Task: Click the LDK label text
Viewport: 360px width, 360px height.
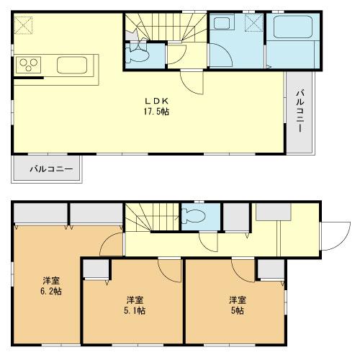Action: pos(161,102)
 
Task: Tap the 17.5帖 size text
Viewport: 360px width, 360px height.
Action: pos(161,112)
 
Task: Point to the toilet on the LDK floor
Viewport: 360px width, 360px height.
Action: pos(137,53)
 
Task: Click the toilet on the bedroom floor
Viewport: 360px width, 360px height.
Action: pos(193,216)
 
